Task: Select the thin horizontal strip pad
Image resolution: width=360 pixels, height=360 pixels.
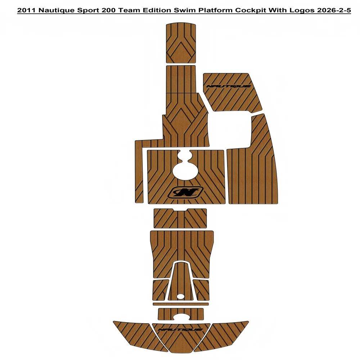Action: coord(180,304)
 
